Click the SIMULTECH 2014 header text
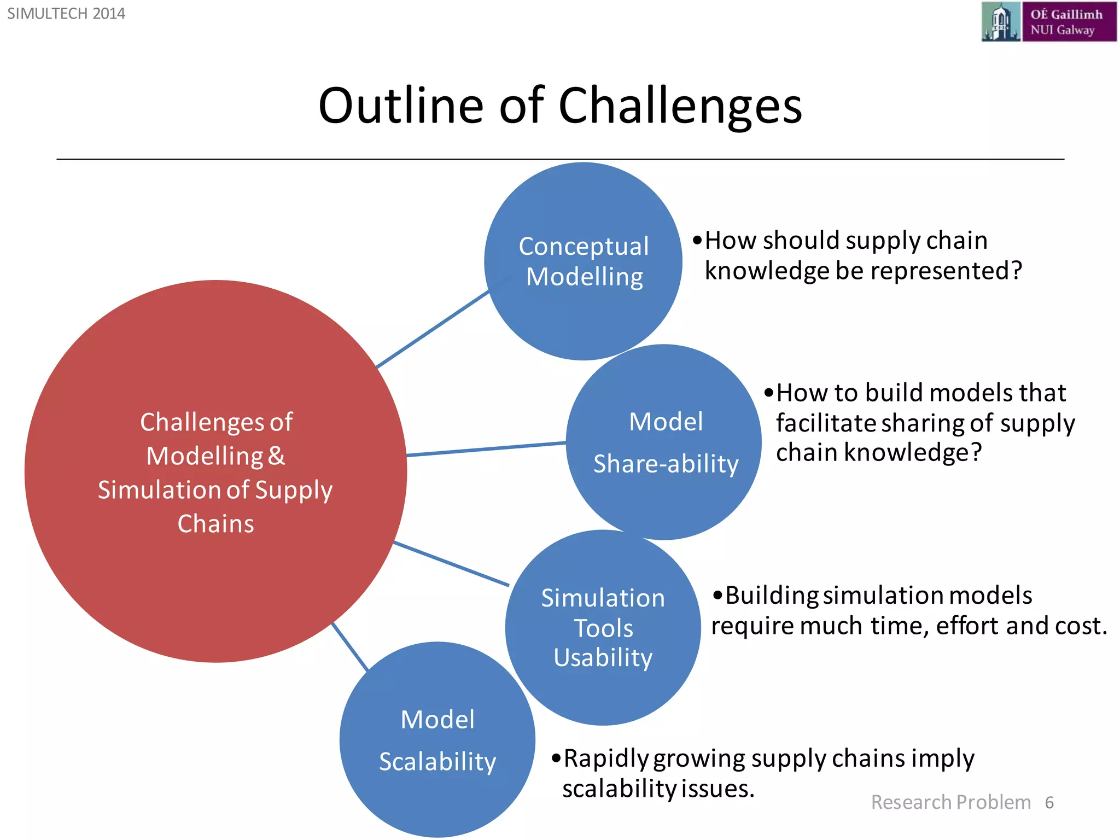click(x=66, y=13)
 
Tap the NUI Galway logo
click(x=1048, y=22)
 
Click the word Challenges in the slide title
click(x=680, y=106)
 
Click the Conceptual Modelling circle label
click(x=584, y=261)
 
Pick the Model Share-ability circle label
click(x=666, y=442)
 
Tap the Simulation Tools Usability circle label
click(x=603, y=628)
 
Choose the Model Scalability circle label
click(x=437, y=740)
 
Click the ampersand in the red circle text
click(x=277, y=456)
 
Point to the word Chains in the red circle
click(x=215, y=524)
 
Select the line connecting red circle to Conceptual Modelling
click(x=432, y=329)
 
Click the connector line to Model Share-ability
click(x=486, y=449)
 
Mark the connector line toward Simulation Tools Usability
click(x=451, y=563)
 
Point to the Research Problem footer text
click(x=950, y=802)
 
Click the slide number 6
click(x=1049, y=802)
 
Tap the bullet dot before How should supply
click(x=697, y=241)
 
